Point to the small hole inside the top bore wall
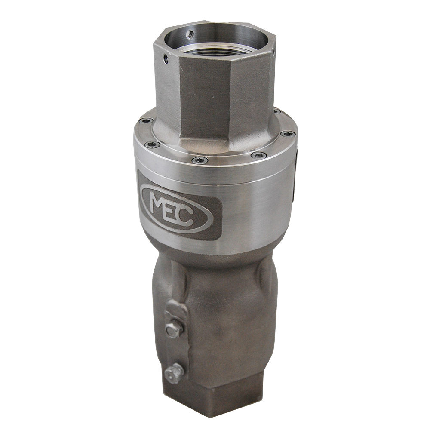point(190,34)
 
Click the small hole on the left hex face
point(166,58)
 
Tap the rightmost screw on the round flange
point(288,134)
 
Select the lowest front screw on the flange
point(200,160)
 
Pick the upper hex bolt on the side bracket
point(173,329)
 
